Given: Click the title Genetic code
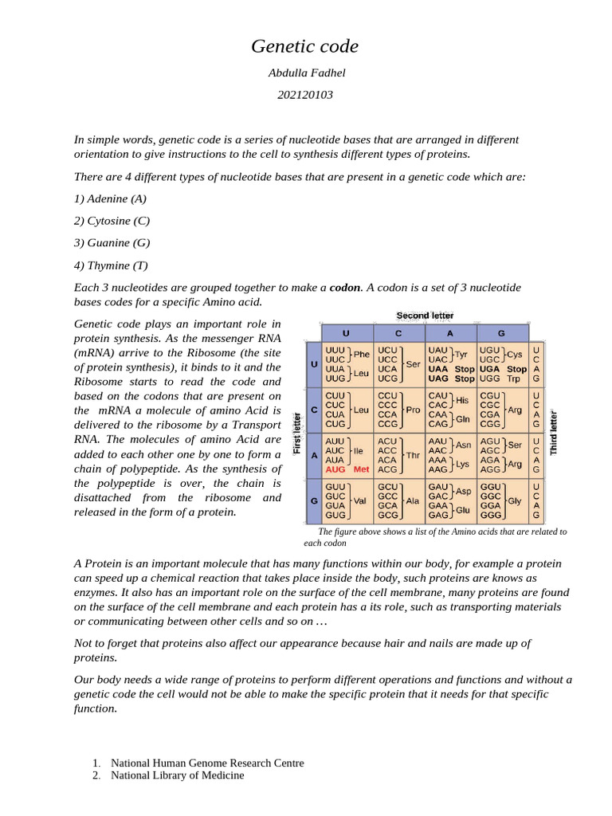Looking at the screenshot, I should [305, 47].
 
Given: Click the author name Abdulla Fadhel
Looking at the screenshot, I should [305, 73].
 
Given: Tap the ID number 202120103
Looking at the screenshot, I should [305, 96].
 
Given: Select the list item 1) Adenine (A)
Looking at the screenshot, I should [111, 198].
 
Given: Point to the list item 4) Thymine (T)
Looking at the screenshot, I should [111, 265].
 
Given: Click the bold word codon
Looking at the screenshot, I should [345, 287].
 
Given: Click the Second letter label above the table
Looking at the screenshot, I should [425, 316].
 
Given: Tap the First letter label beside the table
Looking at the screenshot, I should [297, 433].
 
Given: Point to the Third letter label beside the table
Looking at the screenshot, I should [554, 433].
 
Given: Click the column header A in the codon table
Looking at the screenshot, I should [450, 333].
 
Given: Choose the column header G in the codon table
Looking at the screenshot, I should [501, 333].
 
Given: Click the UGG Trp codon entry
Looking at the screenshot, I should [500, 379].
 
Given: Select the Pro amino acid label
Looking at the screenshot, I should [413, 410].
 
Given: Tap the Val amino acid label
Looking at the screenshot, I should [361, 501].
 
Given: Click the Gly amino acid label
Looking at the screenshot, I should [515, 501].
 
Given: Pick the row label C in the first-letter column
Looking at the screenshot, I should [313, 410].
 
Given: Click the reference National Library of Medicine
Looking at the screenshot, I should [177, 775].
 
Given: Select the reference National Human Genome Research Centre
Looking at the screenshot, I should [207, 763].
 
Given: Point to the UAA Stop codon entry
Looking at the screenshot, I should [451, 369].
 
